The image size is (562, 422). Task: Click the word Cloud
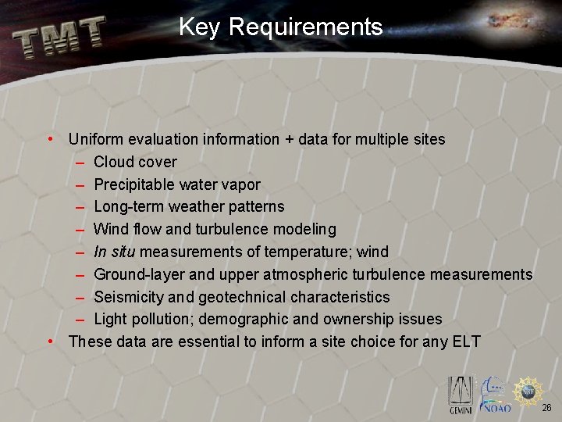coord(113,162)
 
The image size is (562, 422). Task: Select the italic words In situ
coord(114,252)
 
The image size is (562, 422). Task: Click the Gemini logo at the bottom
coord(460,394)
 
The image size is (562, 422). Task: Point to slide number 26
coord(546,407)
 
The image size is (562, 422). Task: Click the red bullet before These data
coord(50,342)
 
